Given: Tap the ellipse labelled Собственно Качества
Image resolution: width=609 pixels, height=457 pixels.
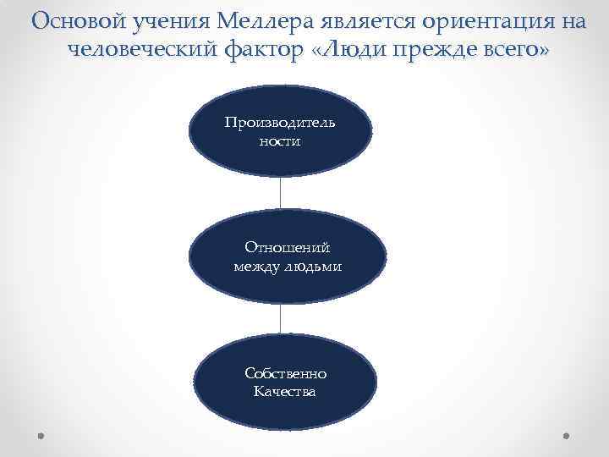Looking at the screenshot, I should (285, 382).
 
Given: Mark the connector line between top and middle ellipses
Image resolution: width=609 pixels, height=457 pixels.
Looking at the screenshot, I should (280, 193).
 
